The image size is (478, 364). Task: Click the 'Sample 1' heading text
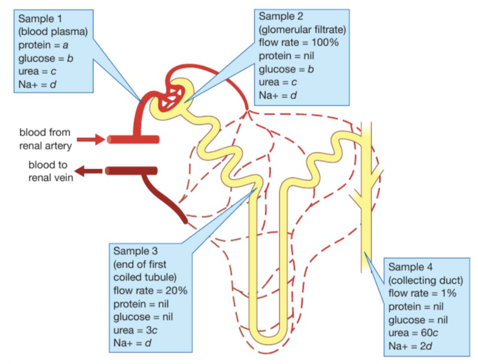[x=39, y=20]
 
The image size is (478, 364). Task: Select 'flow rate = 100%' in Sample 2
[x=298, y=43]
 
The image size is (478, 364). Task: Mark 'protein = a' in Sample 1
[x=44, y=46]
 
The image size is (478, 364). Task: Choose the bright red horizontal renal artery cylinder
[x=133, y=139]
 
